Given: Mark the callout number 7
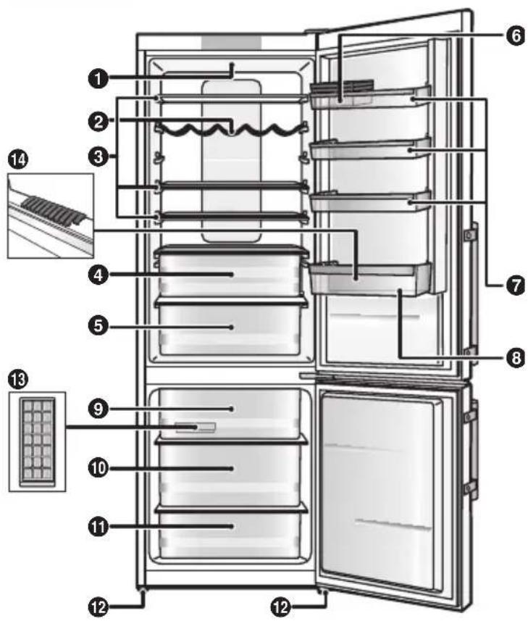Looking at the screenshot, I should click(514, 286).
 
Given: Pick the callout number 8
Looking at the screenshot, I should click(514, 357).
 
